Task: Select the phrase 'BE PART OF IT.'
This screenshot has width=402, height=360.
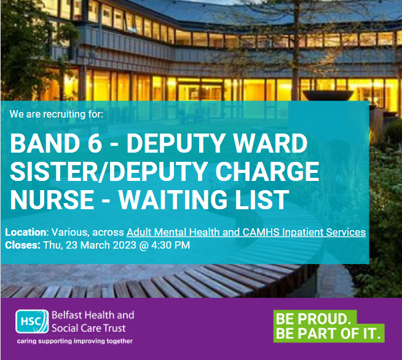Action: [329, 334]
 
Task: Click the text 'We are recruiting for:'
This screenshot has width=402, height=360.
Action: [57, 114]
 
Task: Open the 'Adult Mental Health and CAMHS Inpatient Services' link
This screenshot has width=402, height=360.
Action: [246, 233]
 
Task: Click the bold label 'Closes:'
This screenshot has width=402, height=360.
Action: [23, 245]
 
